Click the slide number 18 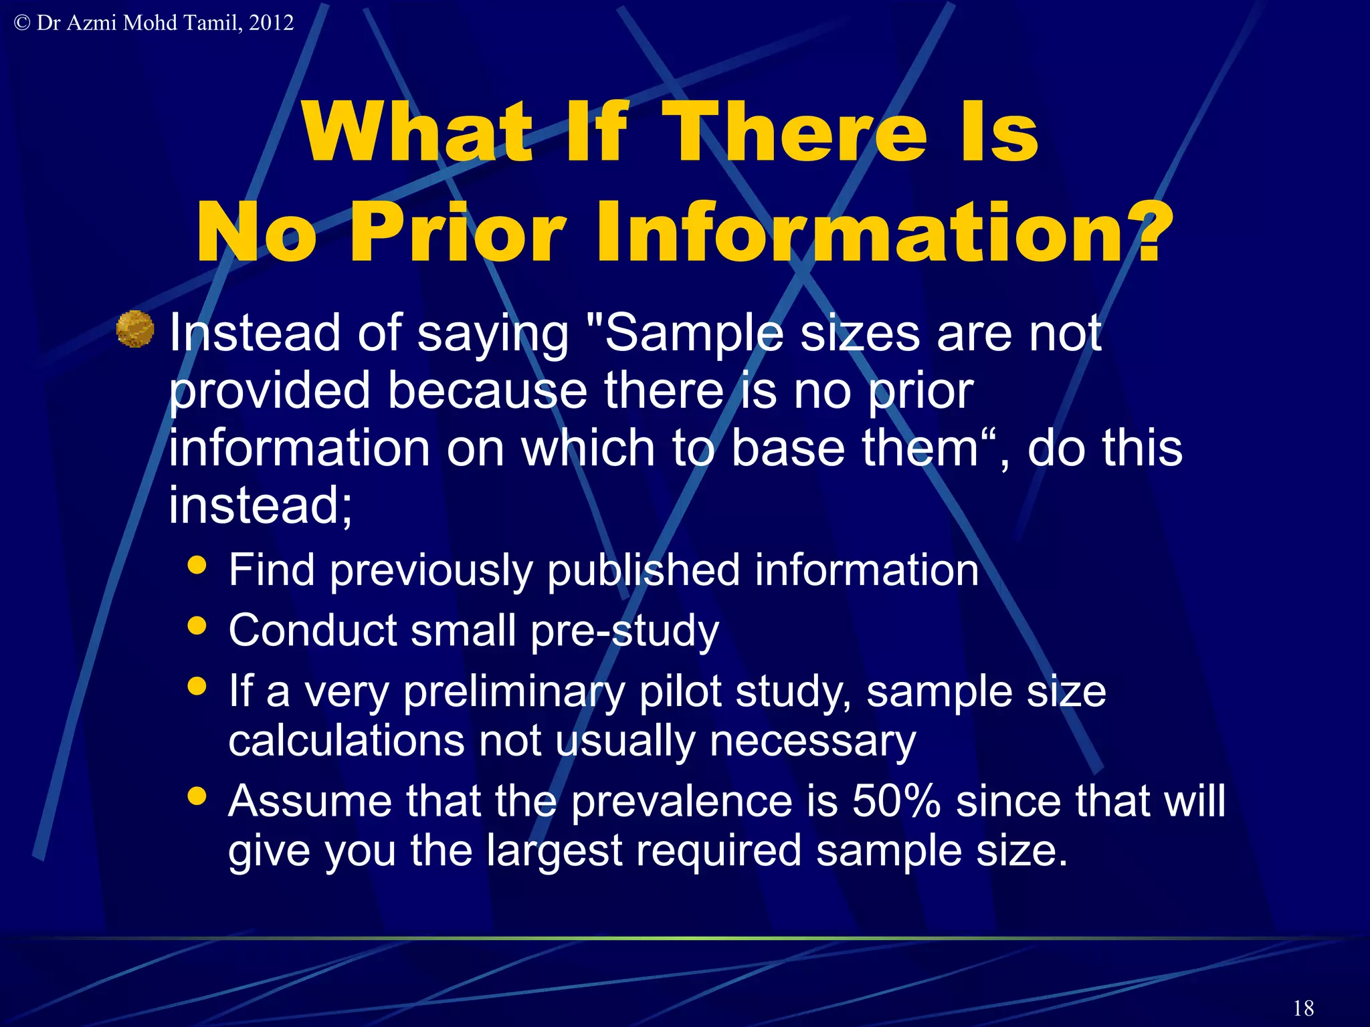coord(1303,1008)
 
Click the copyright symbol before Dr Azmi coord(22,23)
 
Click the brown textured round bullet coord(135,329)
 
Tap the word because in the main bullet coord(487,391)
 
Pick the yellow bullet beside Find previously coord(197,565)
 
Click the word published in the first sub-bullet coord(643,570)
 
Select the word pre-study coord(624,631)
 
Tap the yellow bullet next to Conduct coord(197,626)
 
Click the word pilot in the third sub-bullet coord(680,691)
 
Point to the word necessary coord(812,741)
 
